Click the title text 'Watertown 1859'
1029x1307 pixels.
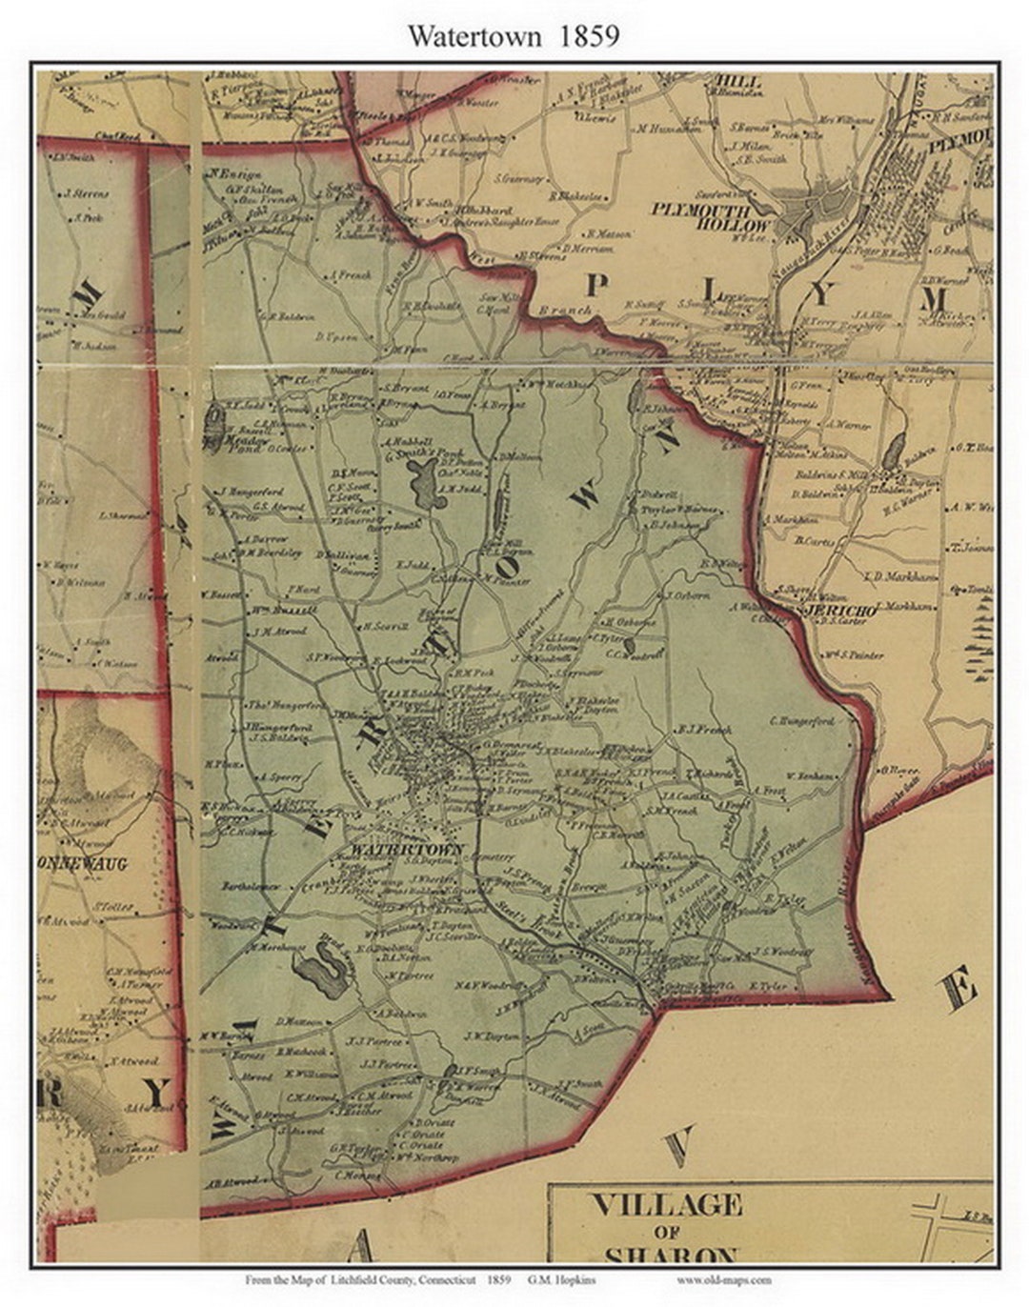(x=514, y=35)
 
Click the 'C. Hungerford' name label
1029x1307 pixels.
(x=801, y=721)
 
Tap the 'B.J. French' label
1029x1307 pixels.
(x=703, y=730)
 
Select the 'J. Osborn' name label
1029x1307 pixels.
(x=689, y=595)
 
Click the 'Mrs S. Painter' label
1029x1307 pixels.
(x=854, y=654)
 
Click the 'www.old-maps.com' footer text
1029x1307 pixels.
(x=724, y=1280)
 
